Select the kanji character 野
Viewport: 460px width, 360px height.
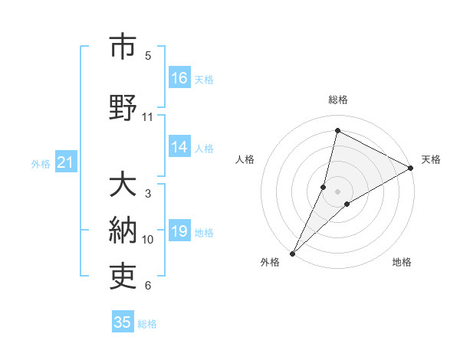(x=123, y=107)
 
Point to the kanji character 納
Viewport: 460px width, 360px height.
(x=123, y=231)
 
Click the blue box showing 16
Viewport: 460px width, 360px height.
(x=179, y=78)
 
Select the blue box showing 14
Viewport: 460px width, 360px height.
(x=179, y=148)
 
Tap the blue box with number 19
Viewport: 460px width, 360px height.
(x=179, y=232)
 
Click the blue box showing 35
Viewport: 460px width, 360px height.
(x=123, y=322)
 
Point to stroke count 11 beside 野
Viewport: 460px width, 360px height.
(x=148, y=117)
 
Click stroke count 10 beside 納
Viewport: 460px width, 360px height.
(x=148, y=240)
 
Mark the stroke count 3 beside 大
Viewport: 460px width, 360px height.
(x=148, y=194)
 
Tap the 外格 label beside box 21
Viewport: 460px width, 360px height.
(x=41, y=163)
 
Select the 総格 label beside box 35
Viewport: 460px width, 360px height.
(x=147, y=324)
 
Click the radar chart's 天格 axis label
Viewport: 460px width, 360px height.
(x=431, y=159)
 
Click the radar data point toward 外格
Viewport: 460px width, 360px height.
(x=292, y=253)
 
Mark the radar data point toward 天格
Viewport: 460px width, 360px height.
(x=411, y=168)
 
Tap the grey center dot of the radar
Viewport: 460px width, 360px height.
(x=338, y=191)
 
